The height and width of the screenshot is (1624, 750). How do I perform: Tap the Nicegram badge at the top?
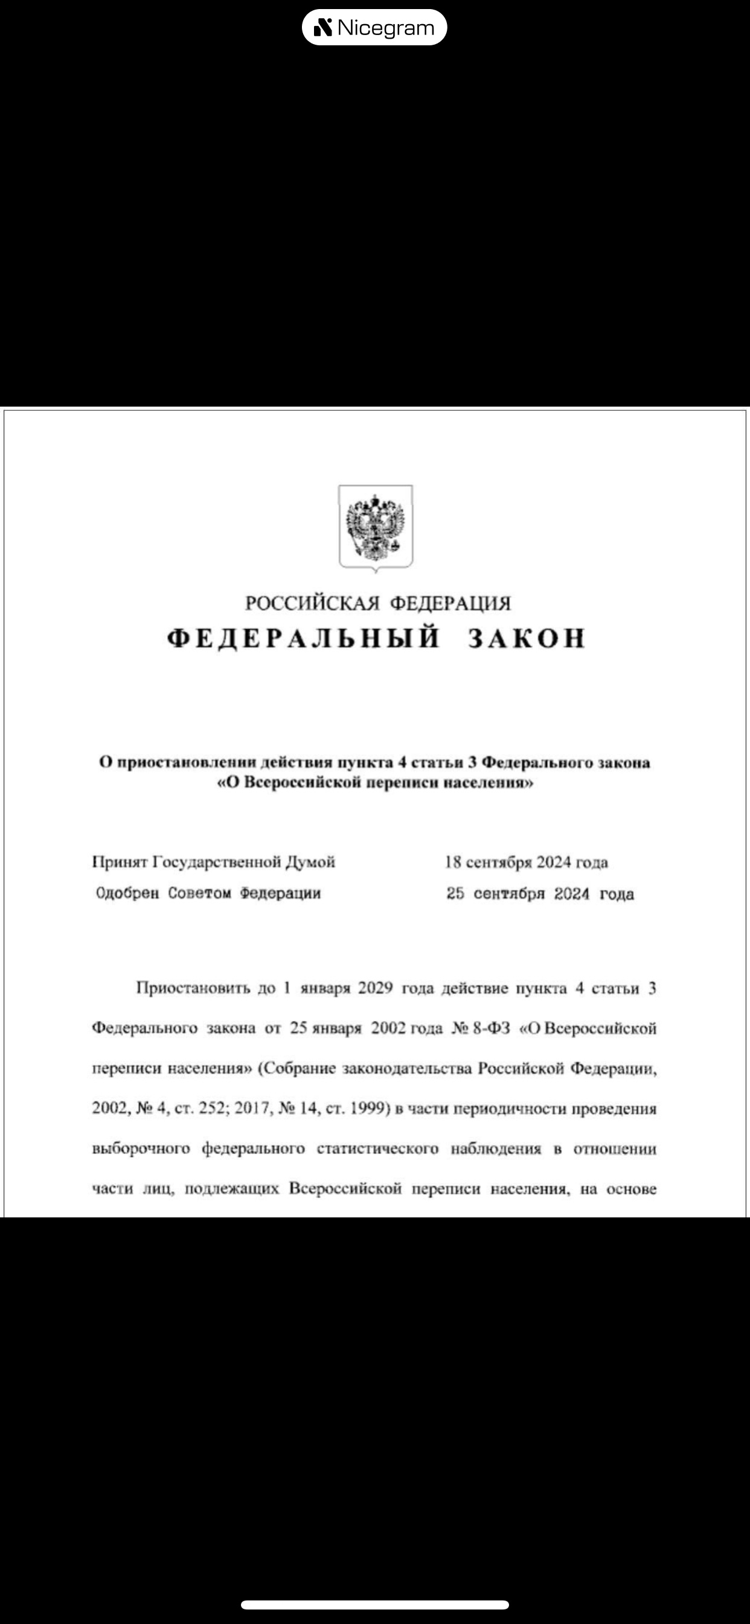point(374,28)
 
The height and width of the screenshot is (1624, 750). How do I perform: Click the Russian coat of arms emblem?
point(376,527)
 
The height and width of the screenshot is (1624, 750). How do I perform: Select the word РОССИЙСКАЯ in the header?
point(312,604)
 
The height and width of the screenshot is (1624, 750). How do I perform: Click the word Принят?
point(120,862)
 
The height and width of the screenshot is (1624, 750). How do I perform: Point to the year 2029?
point(375,988)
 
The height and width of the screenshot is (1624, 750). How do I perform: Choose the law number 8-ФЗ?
point(491,1028)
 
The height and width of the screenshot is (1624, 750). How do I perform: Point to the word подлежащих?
point(231,1189)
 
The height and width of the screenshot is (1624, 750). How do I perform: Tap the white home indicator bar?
point(375,1605)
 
